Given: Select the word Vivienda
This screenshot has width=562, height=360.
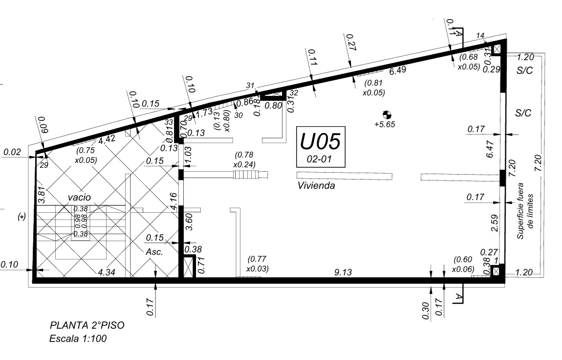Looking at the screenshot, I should pos(316,186).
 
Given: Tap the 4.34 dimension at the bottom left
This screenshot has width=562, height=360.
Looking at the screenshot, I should pos(106,272).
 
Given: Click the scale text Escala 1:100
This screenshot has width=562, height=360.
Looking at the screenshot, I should pos(78,338).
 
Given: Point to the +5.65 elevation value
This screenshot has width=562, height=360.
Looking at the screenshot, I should pos(384,124).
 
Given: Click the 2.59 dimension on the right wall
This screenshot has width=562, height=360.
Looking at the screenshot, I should pos(494,223).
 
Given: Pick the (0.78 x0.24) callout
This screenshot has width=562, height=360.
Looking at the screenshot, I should pos(245,159).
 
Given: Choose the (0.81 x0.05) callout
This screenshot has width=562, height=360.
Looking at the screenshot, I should pos(374,87).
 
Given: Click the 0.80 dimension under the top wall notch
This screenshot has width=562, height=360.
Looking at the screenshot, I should pos(273,105).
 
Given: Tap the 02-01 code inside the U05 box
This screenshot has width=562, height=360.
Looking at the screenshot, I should pos(320,159).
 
